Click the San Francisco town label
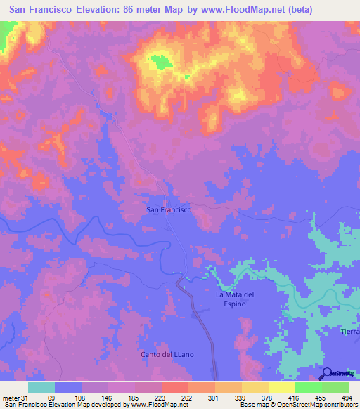[168, 209]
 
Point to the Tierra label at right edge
[349, 331]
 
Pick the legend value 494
[347, 398]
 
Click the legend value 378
[266, 398]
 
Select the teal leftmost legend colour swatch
[41, 387]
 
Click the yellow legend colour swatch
[281, 387]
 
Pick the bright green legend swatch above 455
[308, 387]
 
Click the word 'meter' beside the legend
[11, 398]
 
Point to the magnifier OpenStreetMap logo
[326, 373]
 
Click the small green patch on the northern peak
[163, 63]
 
